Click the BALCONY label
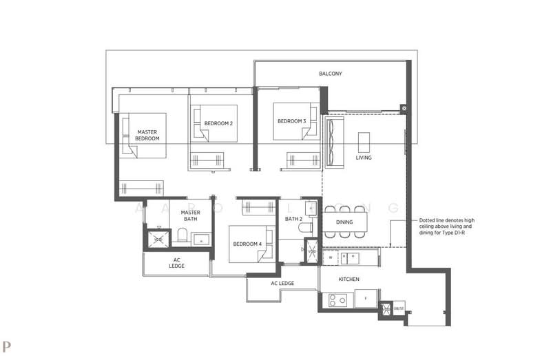330,74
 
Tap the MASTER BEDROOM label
147,135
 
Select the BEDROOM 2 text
218,123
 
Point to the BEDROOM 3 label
291,121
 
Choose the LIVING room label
364,158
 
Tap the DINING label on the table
344,222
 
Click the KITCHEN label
349,279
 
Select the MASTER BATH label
190,216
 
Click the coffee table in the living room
364,141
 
